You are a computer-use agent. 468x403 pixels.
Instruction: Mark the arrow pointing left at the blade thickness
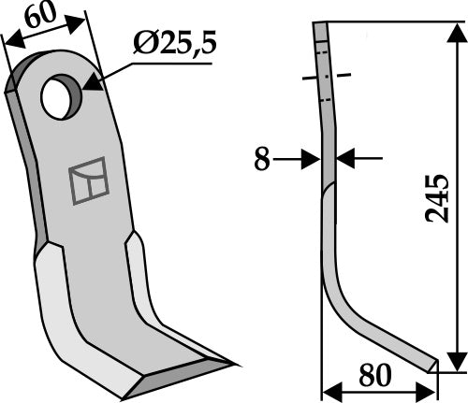[x=345, y=160]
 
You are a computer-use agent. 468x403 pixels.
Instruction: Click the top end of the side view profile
[x=321, y=29]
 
